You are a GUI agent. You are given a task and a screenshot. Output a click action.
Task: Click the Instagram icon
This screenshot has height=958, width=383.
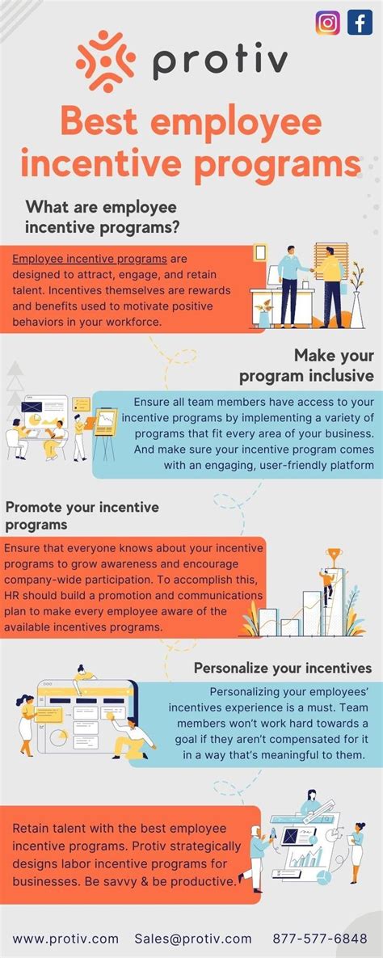point(328,23)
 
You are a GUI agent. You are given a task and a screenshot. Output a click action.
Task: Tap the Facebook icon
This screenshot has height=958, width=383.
point(360,23)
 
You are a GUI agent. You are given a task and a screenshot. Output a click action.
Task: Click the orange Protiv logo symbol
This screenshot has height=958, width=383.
point(100,61)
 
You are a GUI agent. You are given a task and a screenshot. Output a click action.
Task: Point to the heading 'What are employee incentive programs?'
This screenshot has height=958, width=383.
point(102,218)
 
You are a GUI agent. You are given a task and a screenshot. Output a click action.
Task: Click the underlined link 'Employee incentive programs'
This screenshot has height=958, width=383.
point(90,259)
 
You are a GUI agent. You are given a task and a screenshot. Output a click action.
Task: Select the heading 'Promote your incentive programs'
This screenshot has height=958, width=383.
point(82,516)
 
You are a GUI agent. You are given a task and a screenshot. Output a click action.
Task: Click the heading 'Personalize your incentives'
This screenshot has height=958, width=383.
point(283,669)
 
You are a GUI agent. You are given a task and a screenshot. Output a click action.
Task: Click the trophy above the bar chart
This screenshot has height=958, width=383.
point(333,556)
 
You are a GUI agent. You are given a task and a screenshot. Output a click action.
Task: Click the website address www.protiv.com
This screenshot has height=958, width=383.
point(65,939)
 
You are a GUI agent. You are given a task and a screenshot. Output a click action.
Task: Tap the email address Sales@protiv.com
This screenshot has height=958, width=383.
point(193,939)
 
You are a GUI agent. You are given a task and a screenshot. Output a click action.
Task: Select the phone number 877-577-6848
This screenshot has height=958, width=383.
point(320,939)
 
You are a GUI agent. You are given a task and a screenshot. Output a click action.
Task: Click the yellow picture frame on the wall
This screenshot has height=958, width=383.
point(260,253)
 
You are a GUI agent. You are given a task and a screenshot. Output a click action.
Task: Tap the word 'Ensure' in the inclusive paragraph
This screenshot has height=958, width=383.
point(154,403)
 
